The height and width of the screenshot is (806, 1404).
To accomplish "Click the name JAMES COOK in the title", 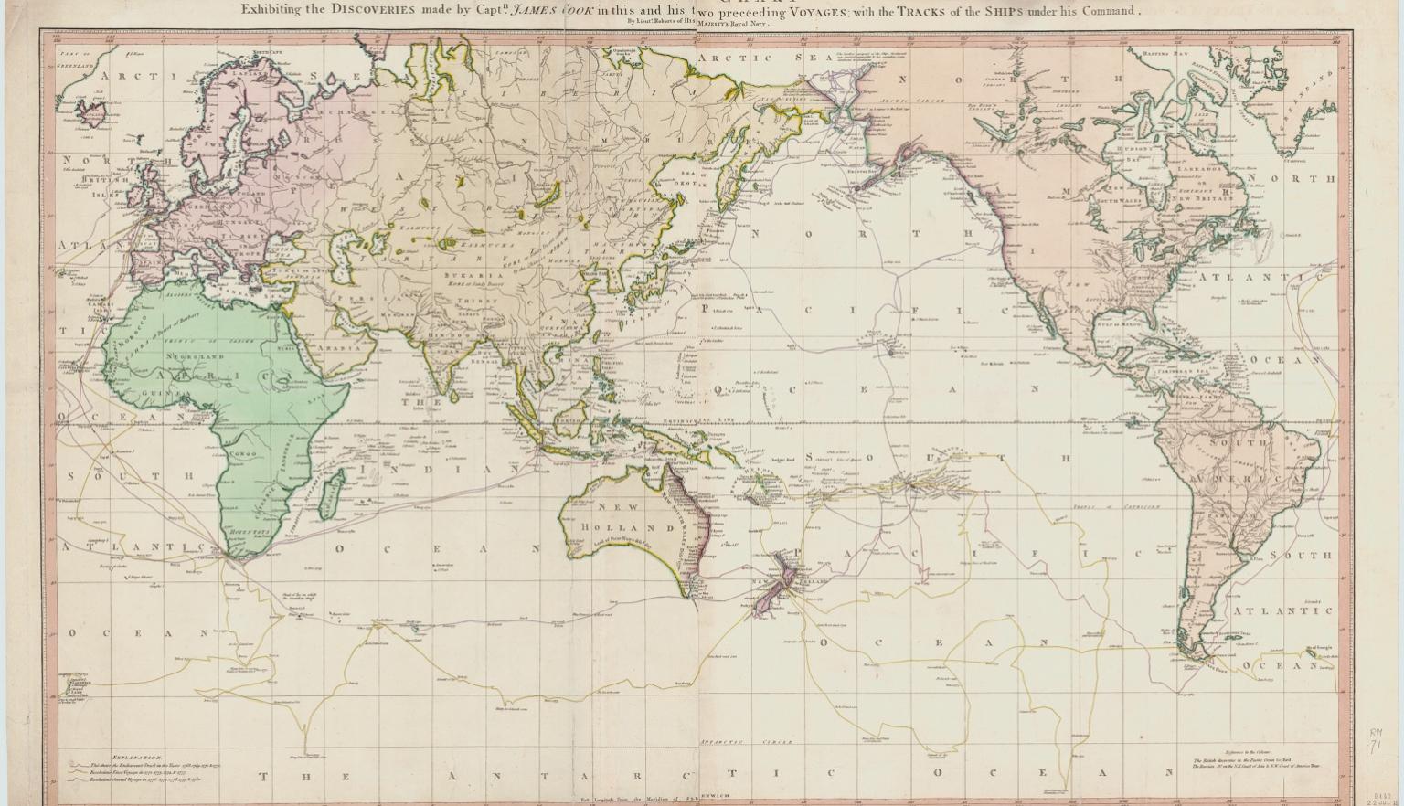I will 542,12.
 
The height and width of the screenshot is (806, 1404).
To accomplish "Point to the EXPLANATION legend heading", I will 136,758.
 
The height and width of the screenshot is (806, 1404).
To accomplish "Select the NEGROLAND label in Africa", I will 194,355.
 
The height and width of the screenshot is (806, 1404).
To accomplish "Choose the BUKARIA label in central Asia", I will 473,275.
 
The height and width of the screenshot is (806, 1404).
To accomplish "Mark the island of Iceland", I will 90,114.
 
